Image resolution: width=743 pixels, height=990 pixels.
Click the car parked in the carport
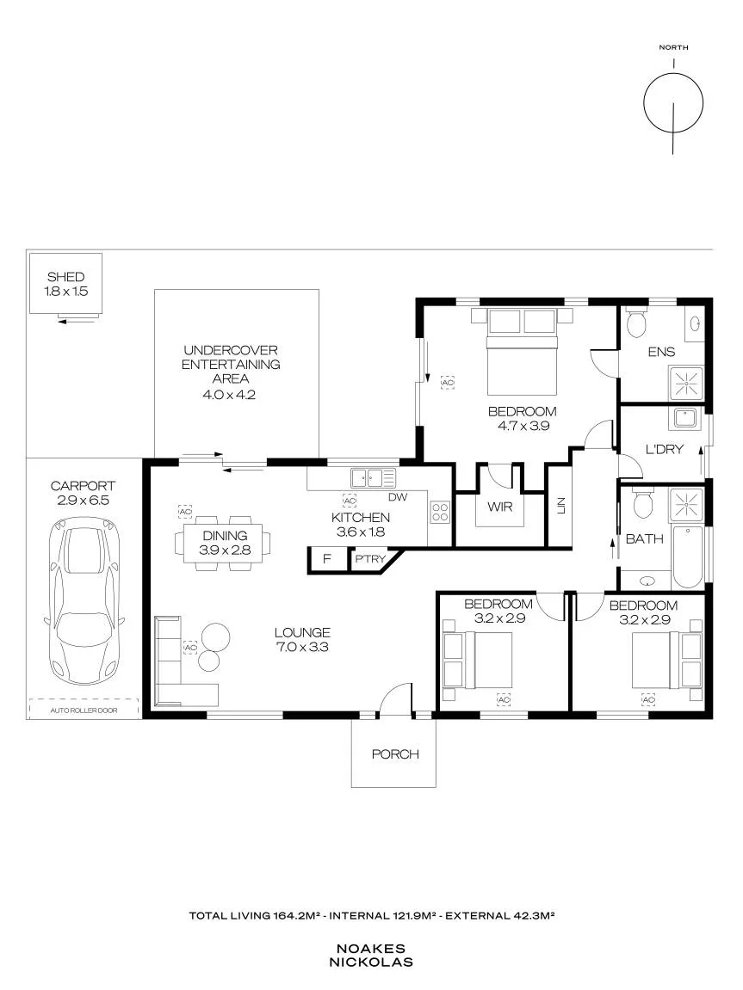(84, 602)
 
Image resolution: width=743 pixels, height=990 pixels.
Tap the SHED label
(65, 277)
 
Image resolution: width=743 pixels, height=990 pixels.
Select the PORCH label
(395, 753)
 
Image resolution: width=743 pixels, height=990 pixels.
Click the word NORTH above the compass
(673, 47)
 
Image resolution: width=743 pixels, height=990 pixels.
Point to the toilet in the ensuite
(636, 323)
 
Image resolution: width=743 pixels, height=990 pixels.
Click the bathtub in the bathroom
(688, 556)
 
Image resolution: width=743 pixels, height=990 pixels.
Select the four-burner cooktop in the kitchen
(440, 512)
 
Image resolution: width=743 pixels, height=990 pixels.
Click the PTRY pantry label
(370, 559)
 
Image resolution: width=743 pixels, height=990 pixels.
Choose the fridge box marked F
(326, 559)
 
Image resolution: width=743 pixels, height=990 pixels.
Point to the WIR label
(499, 507)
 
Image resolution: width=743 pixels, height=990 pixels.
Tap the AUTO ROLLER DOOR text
(84, 710)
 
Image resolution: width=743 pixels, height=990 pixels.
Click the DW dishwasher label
(398, 497)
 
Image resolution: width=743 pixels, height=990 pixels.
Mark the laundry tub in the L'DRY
(684, 419)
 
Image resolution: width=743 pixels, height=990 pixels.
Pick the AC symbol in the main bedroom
(448, 384)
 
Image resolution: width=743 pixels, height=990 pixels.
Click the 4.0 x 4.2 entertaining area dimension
(229, 396)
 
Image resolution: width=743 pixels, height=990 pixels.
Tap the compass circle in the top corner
(673, 103)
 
